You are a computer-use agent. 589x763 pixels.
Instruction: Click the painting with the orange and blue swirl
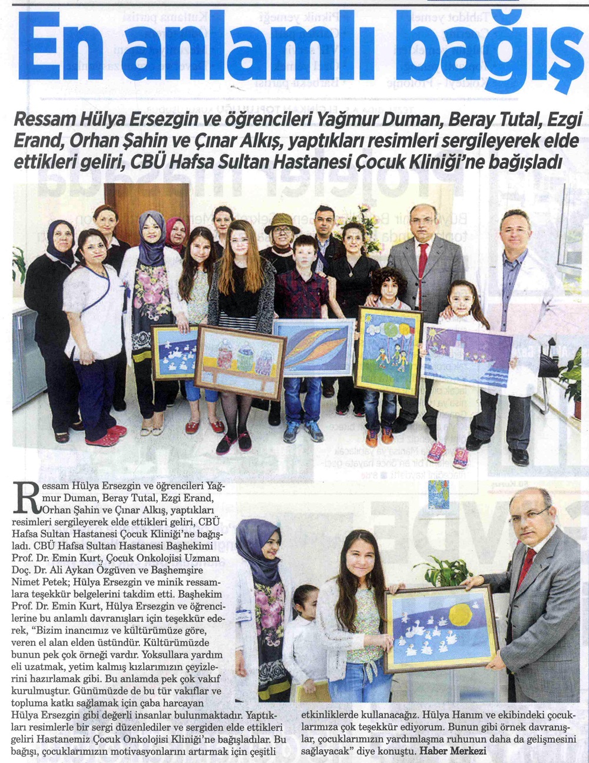pos(313,347)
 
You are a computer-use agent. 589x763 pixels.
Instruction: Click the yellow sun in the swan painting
pos(461,615)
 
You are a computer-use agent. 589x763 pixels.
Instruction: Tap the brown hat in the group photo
pos(282,222)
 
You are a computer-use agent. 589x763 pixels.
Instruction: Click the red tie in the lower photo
pos(525,566)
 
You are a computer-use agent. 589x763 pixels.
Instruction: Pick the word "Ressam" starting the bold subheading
pos(51,121)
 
